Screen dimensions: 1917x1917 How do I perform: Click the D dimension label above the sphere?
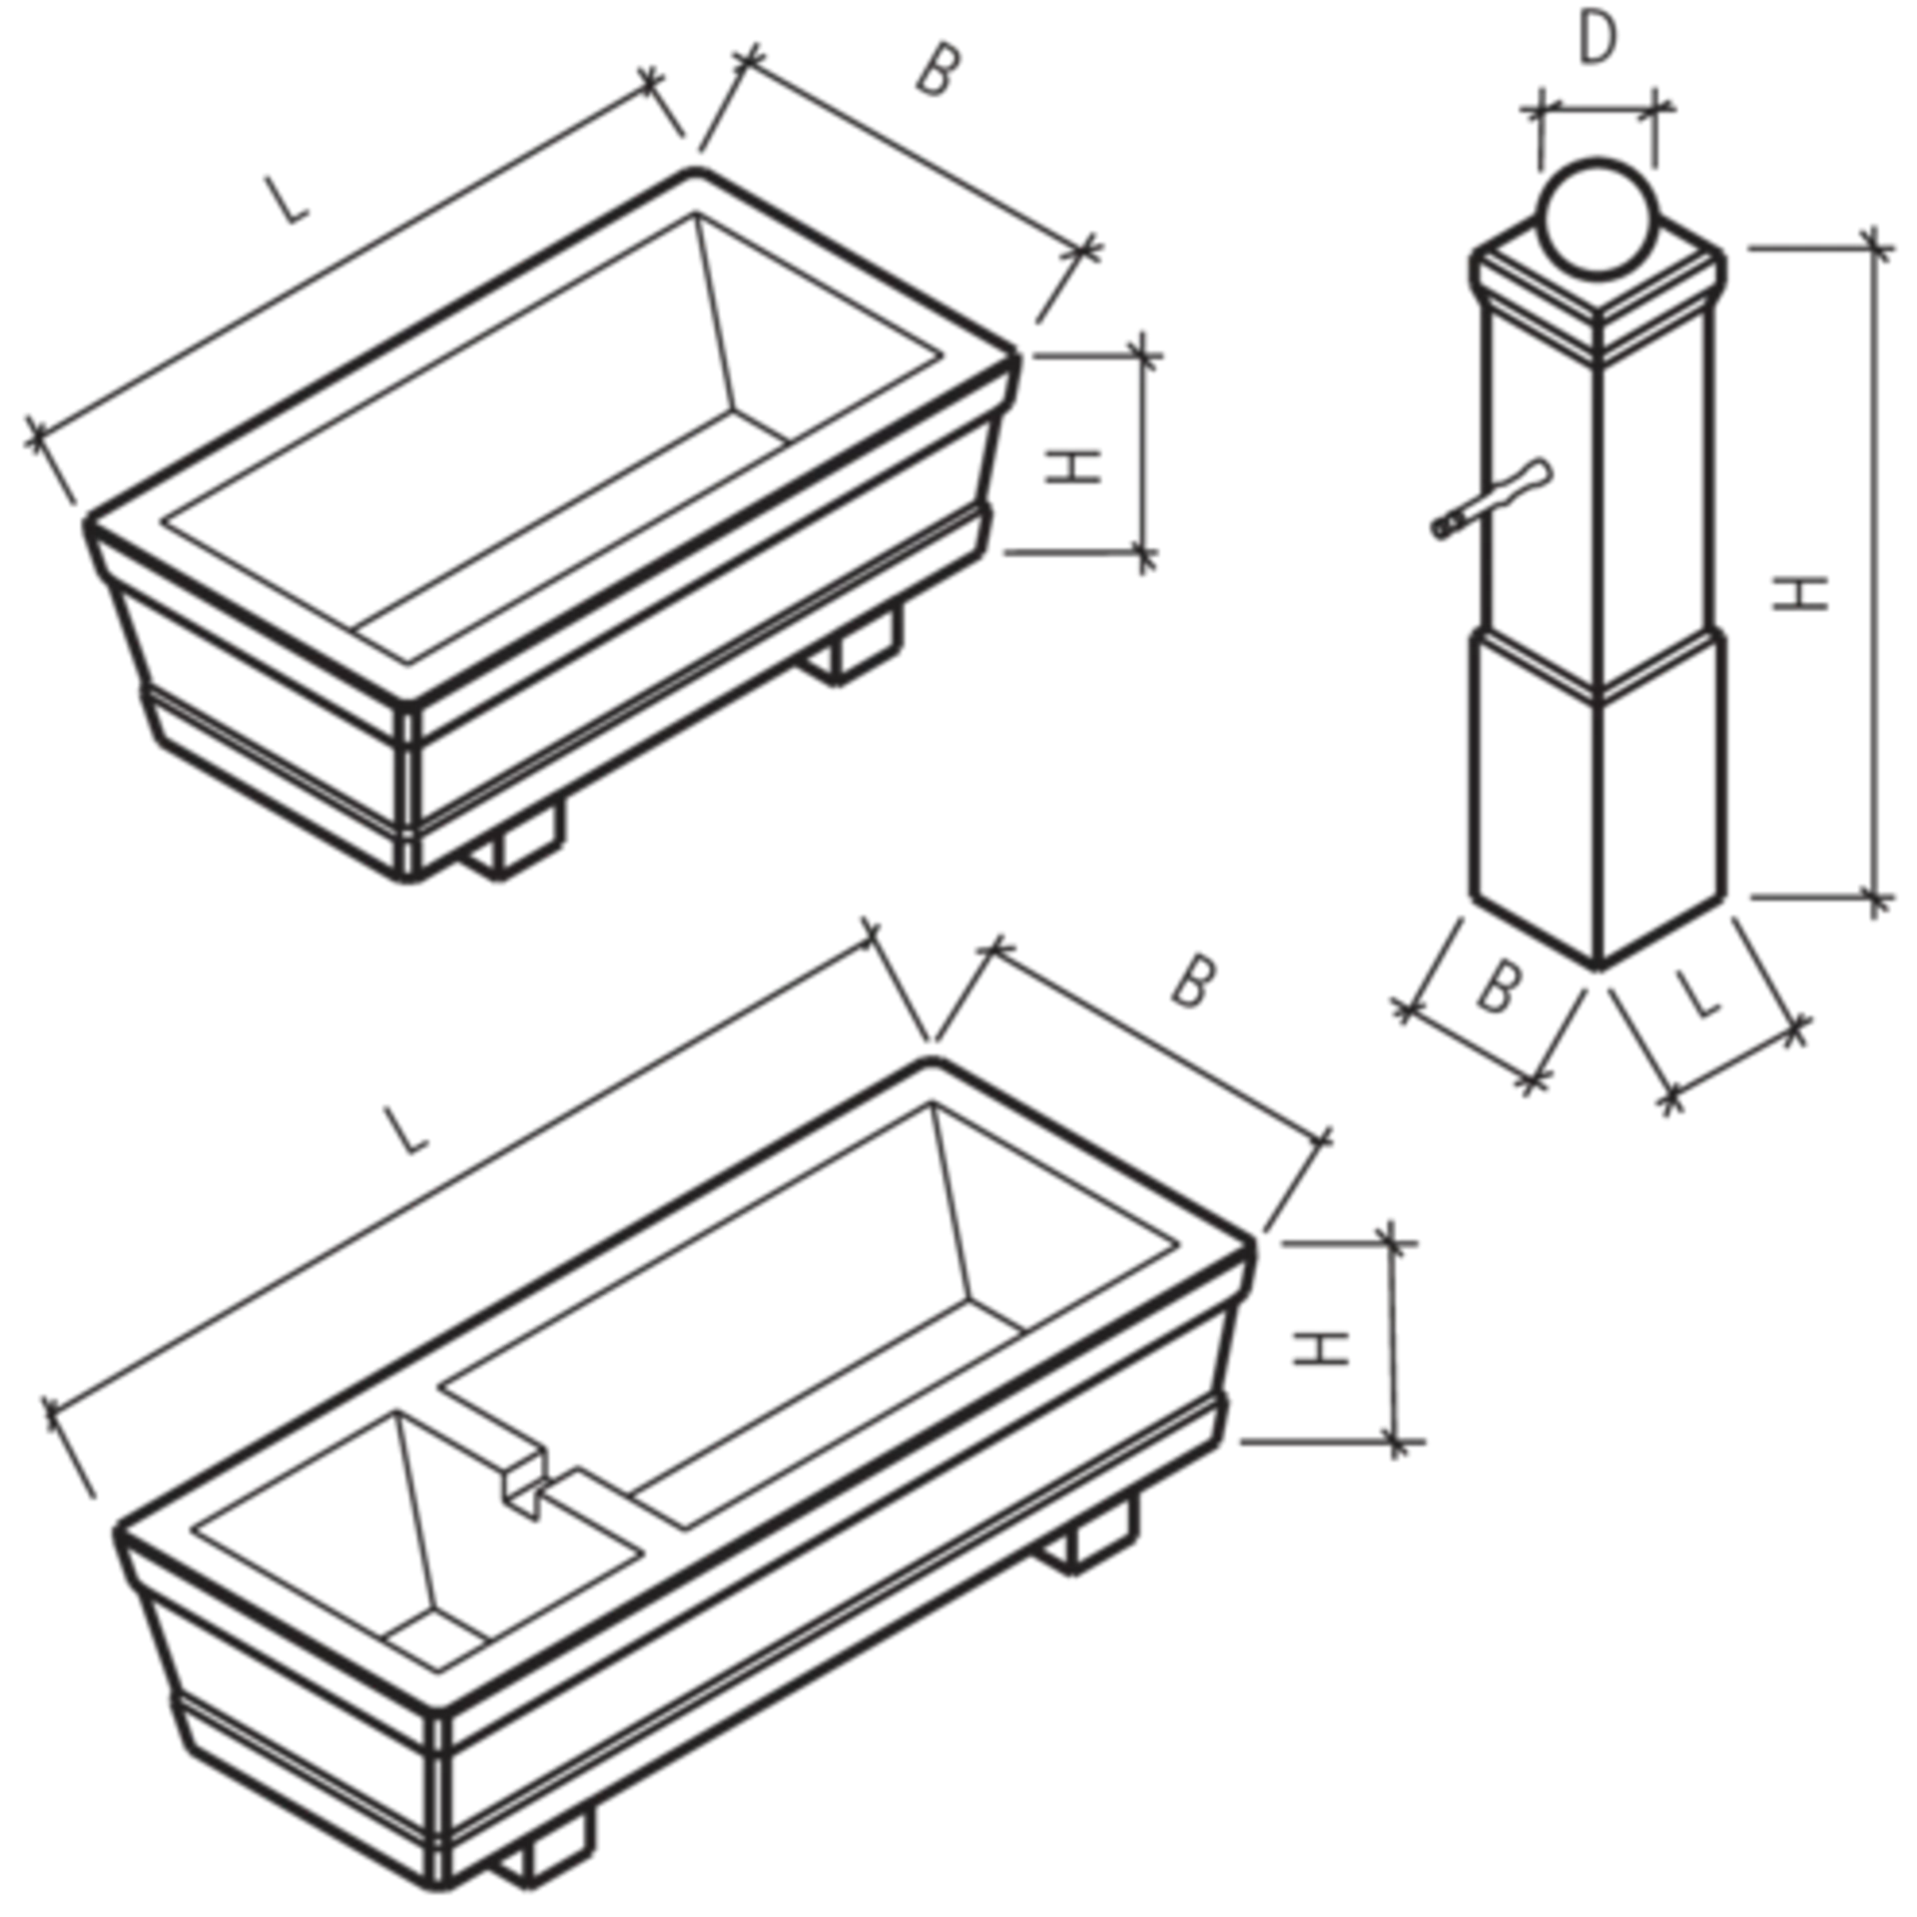click(x=1597, y=41)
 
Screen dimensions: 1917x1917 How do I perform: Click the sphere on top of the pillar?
click(x=1597, y=218)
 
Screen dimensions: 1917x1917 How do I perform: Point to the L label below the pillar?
click(x=1698, y=994)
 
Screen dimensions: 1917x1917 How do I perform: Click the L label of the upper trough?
click(x=288, y=199)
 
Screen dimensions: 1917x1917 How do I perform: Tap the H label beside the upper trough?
click(x=1073, y=466)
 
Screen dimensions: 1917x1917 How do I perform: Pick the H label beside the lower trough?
click(x=1321, y=1349)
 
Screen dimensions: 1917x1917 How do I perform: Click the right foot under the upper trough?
click(x=855, y=644)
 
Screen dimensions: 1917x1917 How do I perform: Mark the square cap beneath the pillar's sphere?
click(x=1597, y=290)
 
